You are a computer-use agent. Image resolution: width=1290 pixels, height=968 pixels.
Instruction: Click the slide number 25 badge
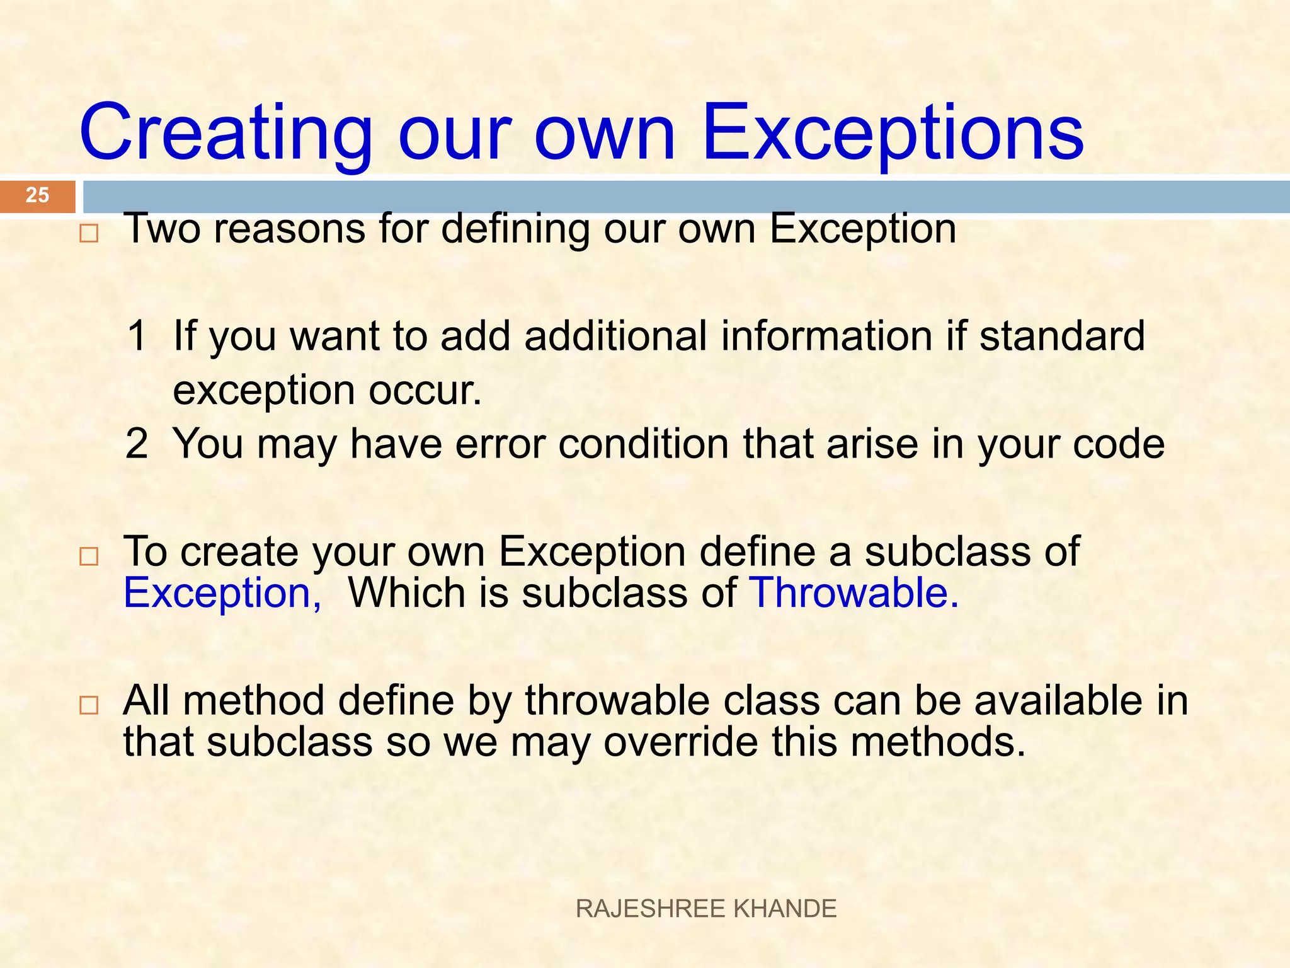pyautogui.click(x=37, y=195)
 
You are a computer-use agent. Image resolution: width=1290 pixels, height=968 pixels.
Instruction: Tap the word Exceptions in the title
pyautogui.click(x=893, y=134)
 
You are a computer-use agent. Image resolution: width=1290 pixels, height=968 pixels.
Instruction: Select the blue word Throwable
pyautogui.click(x=854, y=594)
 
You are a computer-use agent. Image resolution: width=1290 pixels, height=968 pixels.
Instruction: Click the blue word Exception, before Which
pyautogui.click(x=222, y=594)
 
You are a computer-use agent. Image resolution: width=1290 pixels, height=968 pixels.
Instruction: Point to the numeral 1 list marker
pyautogui.click(x=137, y=335)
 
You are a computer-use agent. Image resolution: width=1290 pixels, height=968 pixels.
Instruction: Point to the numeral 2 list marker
pyautogui.click(x=137, y=444)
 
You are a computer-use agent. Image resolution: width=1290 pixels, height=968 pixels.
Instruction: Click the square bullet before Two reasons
pyautogui.click(x=89, y=234)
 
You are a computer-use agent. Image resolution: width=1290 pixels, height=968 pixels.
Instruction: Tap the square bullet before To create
pyautogui.click(x=89, y=556)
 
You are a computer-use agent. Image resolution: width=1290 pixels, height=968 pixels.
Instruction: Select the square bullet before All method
pyautogui.click(x=89, y=705)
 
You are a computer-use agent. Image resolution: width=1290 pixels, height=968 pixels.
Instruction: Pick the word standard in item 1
pyautogui.click(x=1062, y=335)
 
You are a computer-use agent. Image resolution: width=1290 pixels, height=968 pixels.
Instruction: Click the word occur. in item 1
pyautogui.click(x=425, y=391)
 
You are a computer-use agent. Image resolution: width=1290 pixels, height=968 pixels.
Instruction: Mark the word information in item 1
pyautogui.click(x=826, y=335)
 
